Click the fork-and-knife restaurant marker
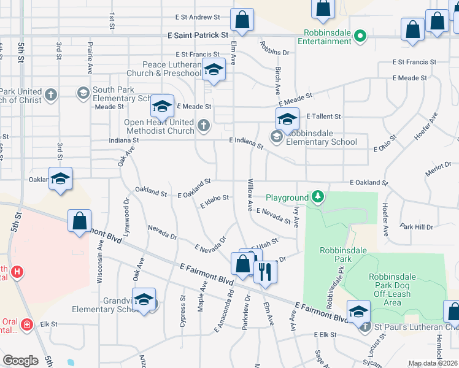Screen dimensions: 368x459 (265, 270)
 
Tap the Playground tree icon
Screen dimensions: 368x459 (318, 197)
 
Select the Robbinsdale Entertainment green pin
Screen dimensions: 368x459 (361, 37)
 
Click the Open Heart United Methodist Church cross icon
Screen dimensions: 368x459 (204, 126)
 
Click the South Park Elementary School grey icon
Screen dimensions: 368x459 (82, 93)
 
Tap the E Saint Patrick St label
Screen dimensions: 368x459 (198, 36)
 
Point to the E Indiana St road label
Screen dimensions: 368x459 (246, 144)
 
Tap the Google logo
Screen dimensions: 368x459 (20, 360)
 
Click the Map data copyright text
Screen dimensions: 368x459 (433, 363)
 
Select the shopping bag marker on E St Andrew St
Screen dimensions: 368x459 (242, 19)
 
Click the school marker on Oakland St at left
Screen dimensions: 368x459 (60, 178)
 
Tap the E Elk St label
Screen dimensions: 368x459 (325, 335)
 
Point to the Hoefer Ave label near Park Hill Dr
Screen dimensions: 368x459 (385, 221)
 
